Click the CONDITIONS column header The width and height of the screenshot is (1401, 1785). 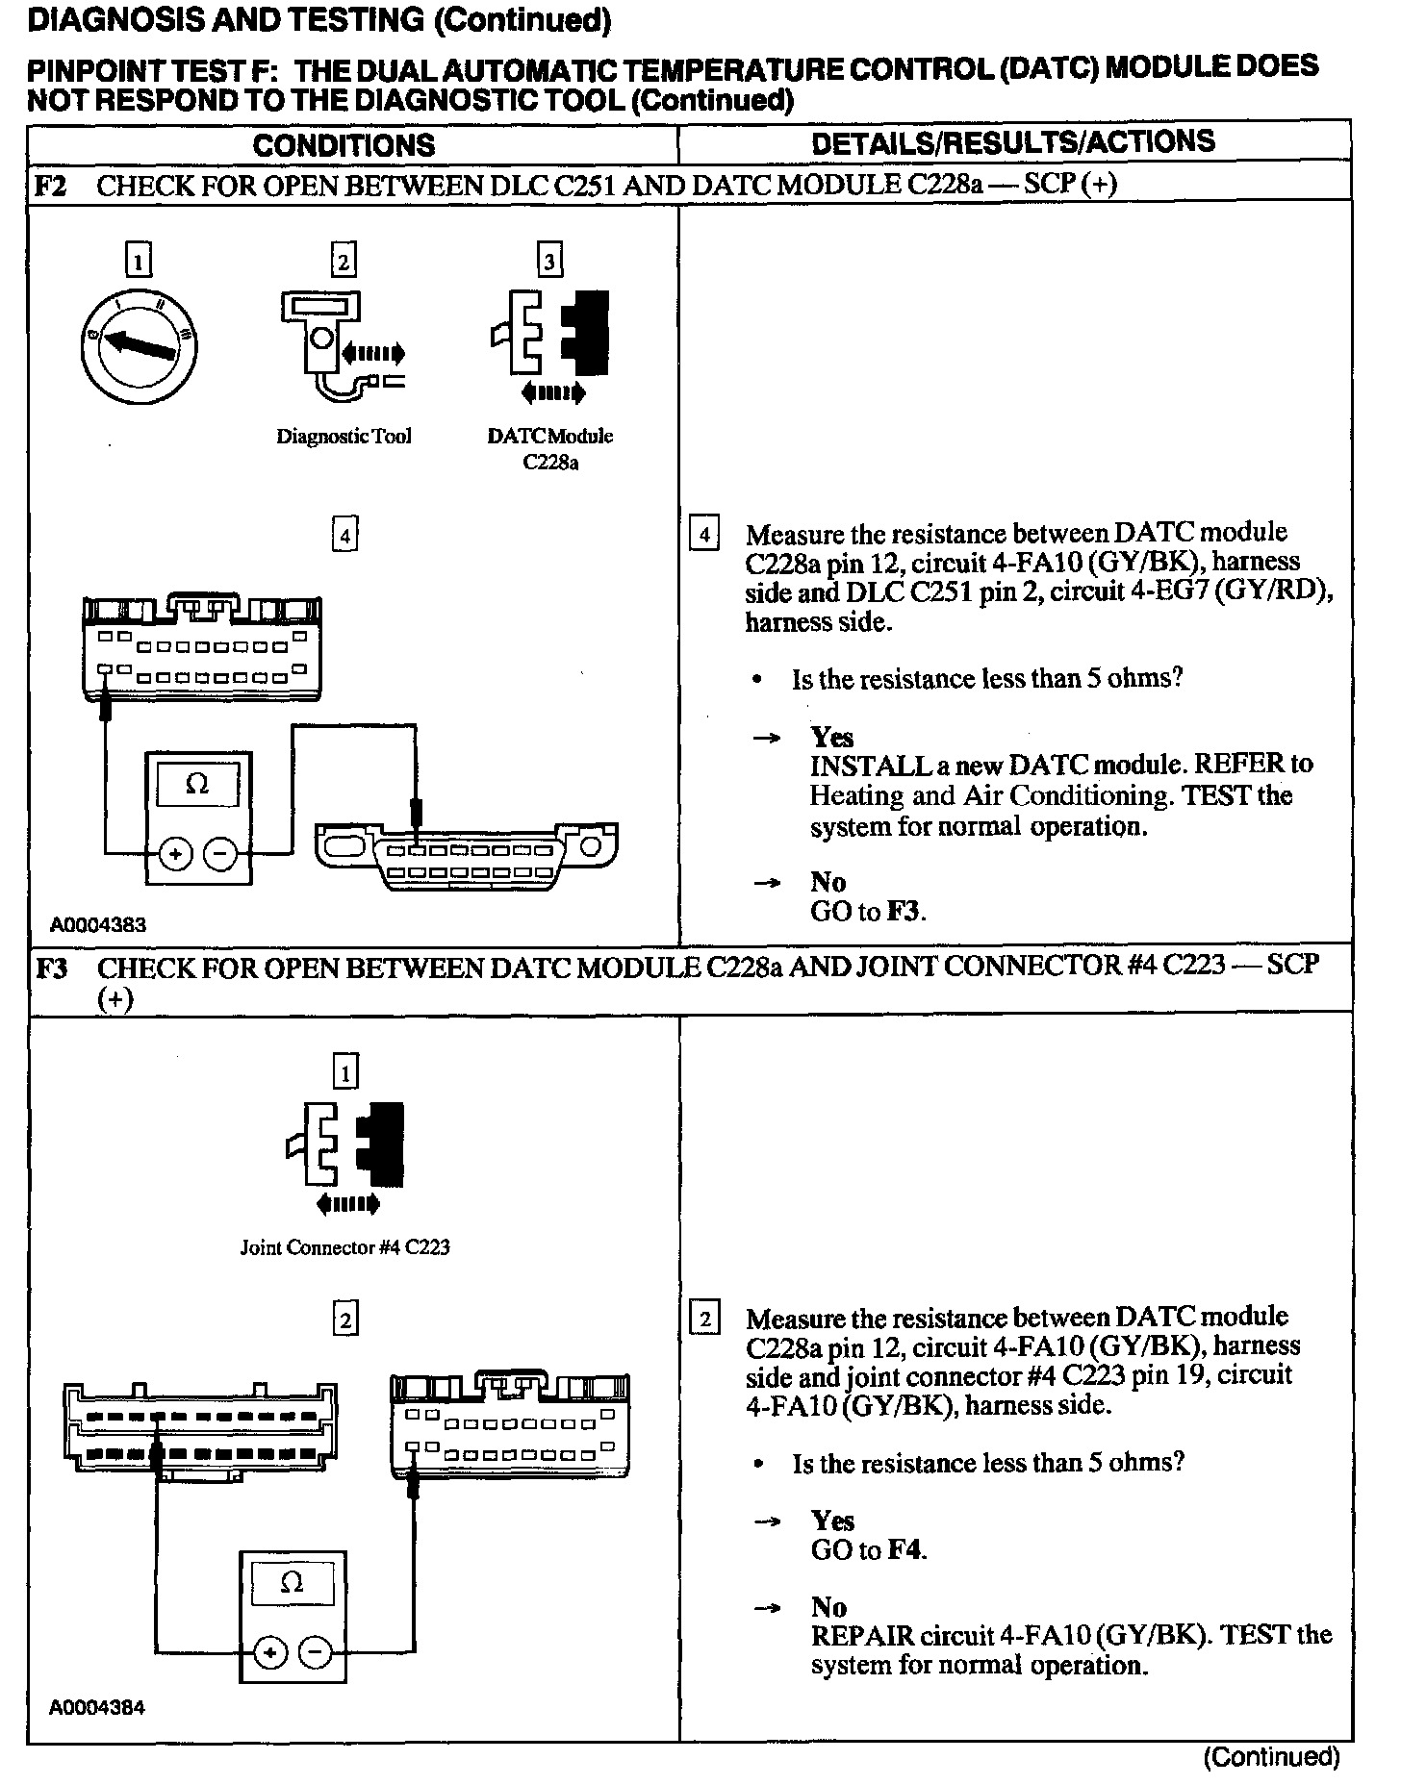(344, 145)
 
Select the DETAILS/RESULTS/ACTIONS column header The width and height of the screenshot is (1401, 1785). (1012, 142)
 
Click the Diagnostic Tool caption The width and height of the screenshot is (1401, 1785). (344, 436)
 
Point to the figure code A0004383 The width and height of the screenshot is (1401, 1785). (98, 925)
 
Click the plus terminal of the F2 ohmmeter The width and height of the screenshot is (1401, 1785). (175, 853)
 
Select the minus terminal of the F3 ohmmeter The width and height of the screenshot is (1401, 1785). (316, 1652)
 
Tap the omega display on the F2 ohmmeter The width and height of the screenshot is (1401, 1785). (197, 785)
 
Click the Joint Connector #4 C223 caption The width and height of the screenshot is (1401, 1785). (344, 1247)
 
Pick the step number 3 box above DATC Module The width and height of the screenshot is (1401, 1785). (549, 261)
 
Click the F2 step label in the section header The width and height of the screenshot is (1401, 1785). (50, 185)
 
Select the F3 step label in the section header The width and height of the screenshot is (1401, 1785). (51, 968)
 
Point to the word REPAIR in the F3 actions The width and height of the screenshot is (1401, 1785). (862, 1635)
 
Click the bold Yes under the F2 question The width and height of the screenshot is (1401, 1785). (831, 737)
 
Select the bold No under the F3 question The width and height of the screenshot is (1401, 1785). (828, 1606)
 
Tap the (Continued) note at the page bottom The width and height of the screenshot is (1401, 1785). (1270, 1757)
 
